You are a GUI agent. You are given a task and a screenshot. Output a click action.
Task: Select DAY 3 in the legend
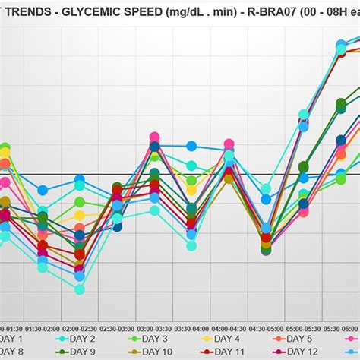point(150,339)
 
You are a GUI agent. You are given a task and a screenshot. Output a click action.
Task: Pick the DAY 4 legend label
point(226,339)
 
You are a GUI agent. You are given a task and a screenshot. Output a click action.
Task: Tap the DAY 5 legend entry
point(297,339)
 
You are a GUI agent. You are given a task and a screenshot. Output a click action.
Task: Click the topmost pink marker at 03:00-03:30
point(154,137)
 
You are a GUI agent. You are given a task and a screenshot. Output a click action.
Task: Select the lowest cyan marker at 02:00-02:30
point(79,289)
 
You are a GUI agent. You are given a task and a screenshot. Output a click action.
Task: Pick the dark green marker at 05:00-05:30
point(304,166)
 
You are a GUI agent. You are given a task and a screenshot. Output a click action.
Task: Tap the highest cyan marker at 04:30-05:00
point(266,189)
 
